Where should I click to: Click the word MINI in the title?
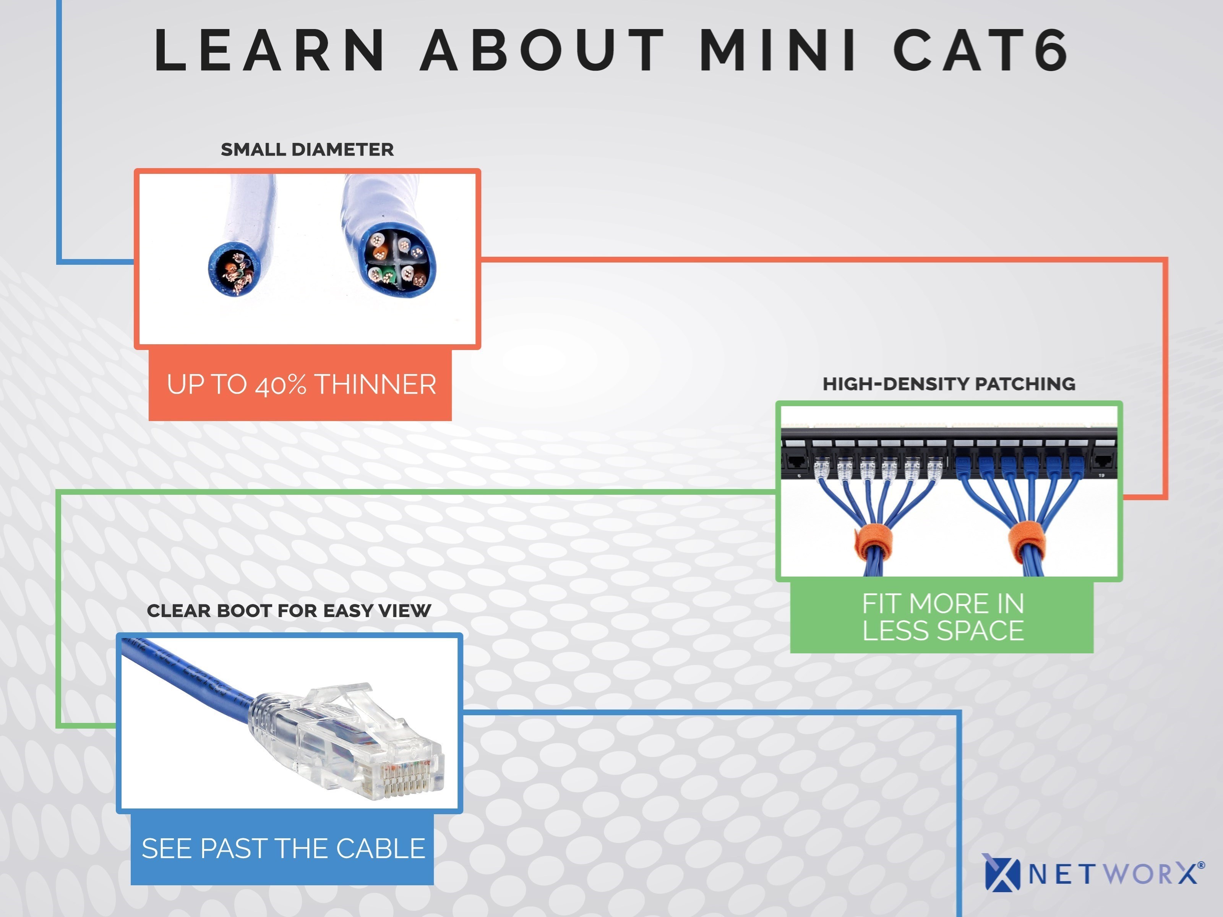(779, 50)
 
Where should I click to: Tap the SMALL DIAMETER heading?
(307, 149)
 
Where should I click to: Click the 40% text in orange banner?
(281, 385)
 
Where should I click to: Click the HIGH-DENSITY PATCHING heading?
(949, 384)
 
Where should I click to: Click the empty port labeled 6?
(796, 462)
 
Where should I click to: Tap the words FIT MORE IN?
(943, 603)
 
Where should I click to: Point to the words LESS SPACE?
(943, 631)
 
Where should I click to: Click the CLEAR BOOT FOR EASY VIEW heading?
(289, 611)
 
